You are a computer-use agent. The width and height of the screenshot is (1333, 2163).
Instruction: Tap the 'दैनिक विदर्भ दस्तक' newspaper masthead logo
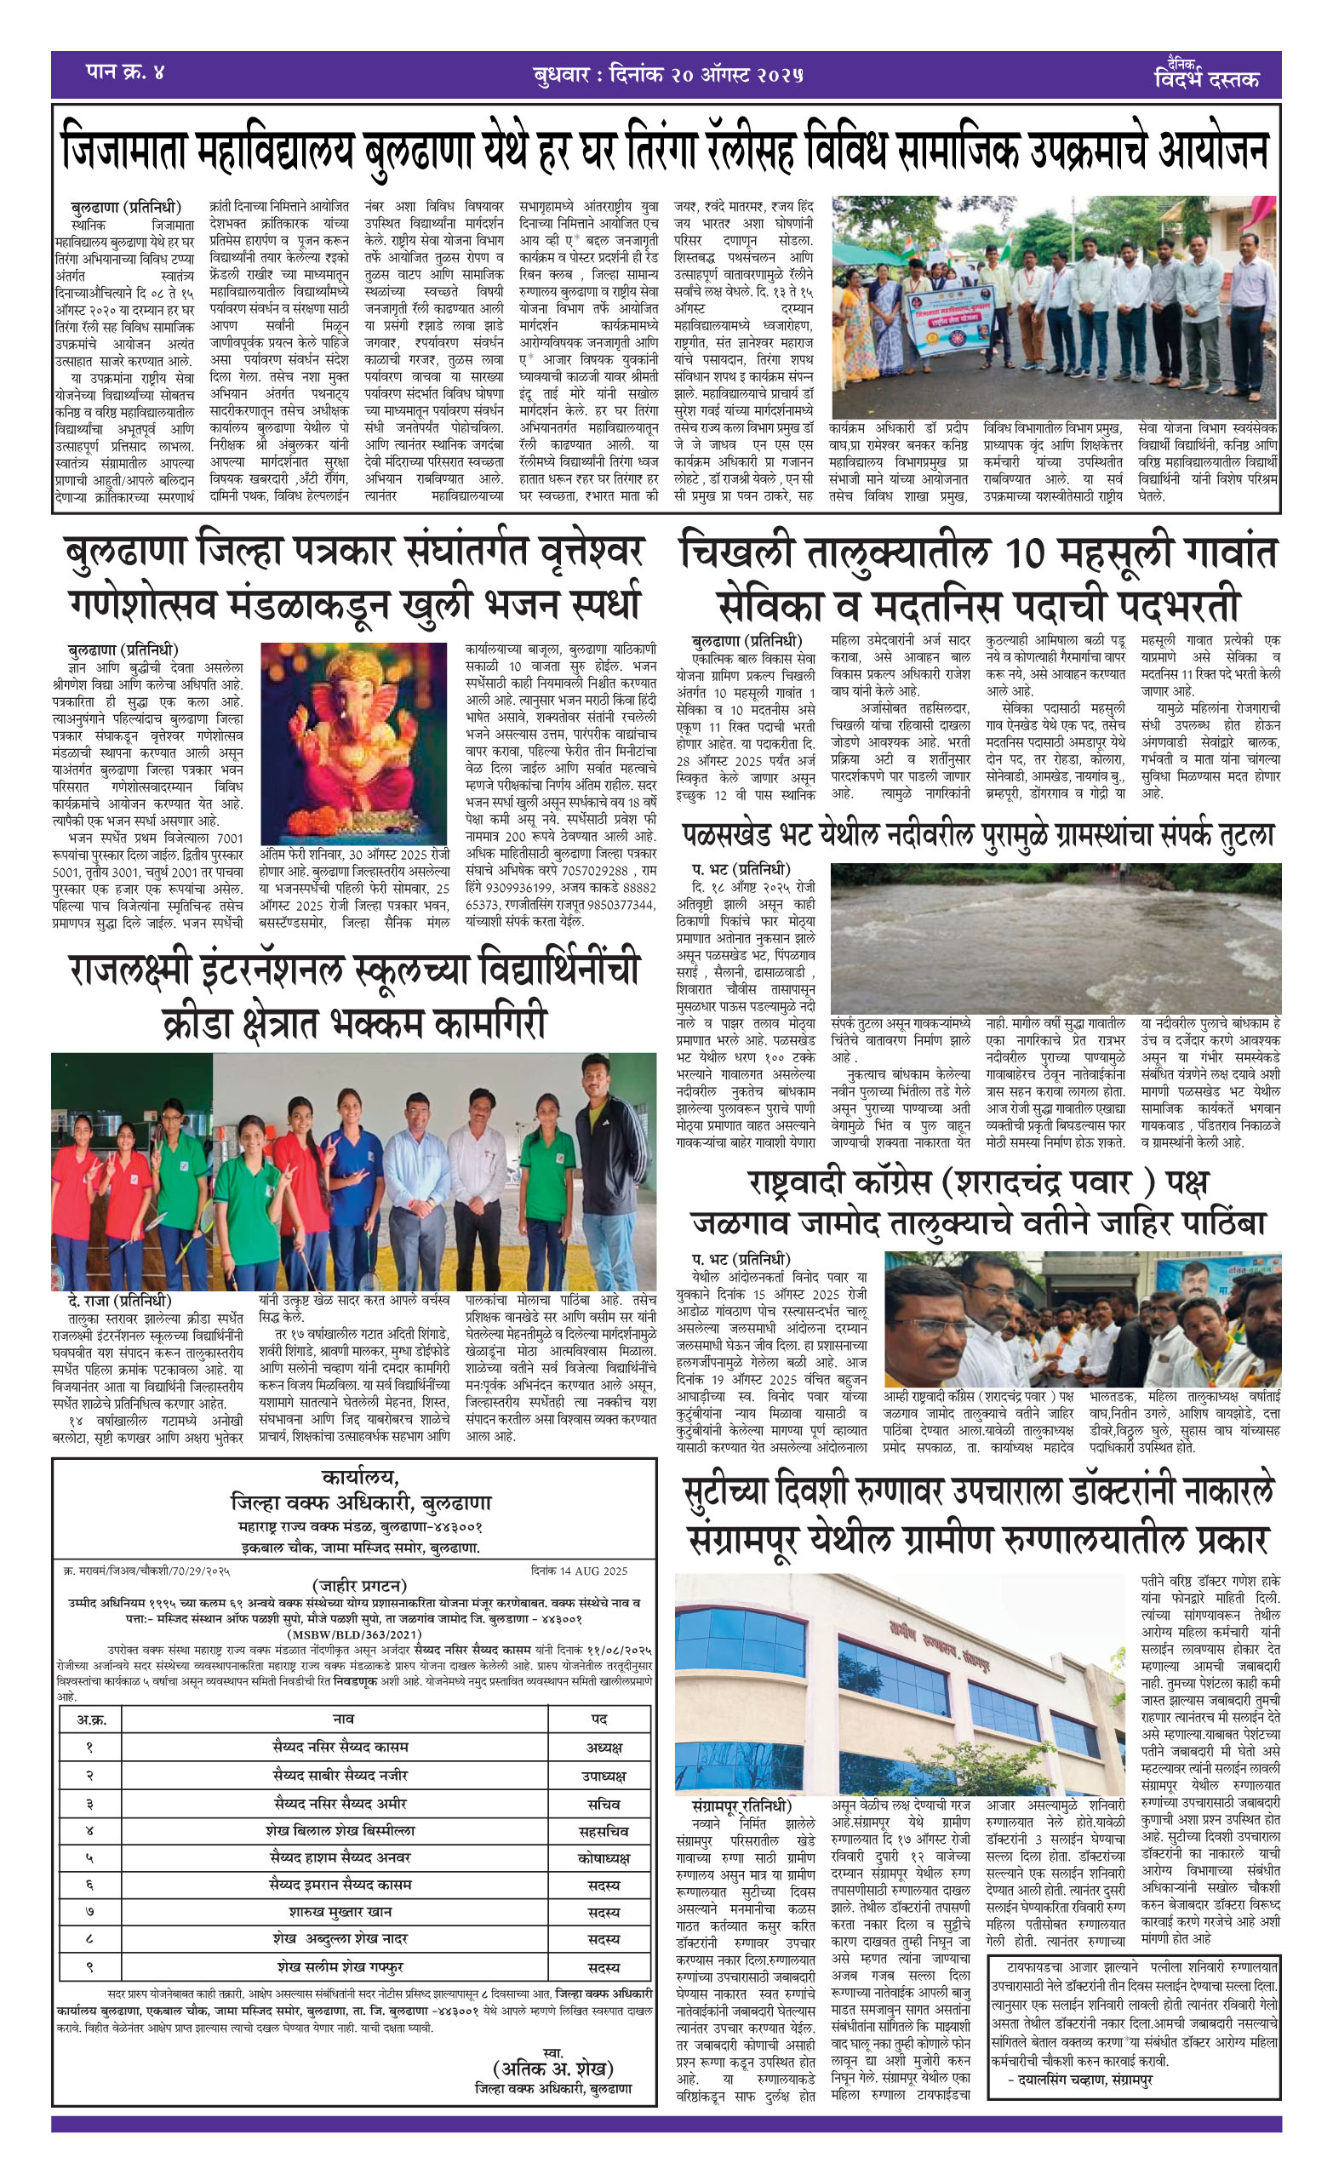click(x=1206, y=76)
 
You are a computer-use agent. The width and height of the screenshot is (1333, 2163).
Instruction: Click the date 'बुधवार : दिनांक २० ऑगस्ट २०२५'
click(x=667, y=74)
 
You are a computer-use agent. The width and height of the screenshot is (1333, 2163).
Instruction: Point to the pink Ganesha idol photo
click(x=353, y=744)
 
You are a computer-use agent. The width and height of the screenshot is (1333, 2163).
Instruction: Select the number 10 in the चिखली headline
click(x=1033, y=554)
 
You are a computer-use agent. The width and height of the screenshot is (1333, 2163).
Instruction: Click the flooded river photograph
click(x=1056, y=938)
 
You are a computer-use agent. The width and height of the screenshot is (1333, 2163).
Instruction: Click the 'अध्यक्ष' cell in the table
click(x=604, y=1748)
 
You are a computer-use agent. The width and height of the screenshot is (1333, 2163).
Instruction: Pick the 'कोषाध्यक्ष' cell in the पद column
click(x=604, y=1858)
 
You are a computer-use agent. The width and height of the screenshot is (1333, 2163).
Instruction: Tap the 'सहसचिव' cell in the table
click(x=604, y=1831)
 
